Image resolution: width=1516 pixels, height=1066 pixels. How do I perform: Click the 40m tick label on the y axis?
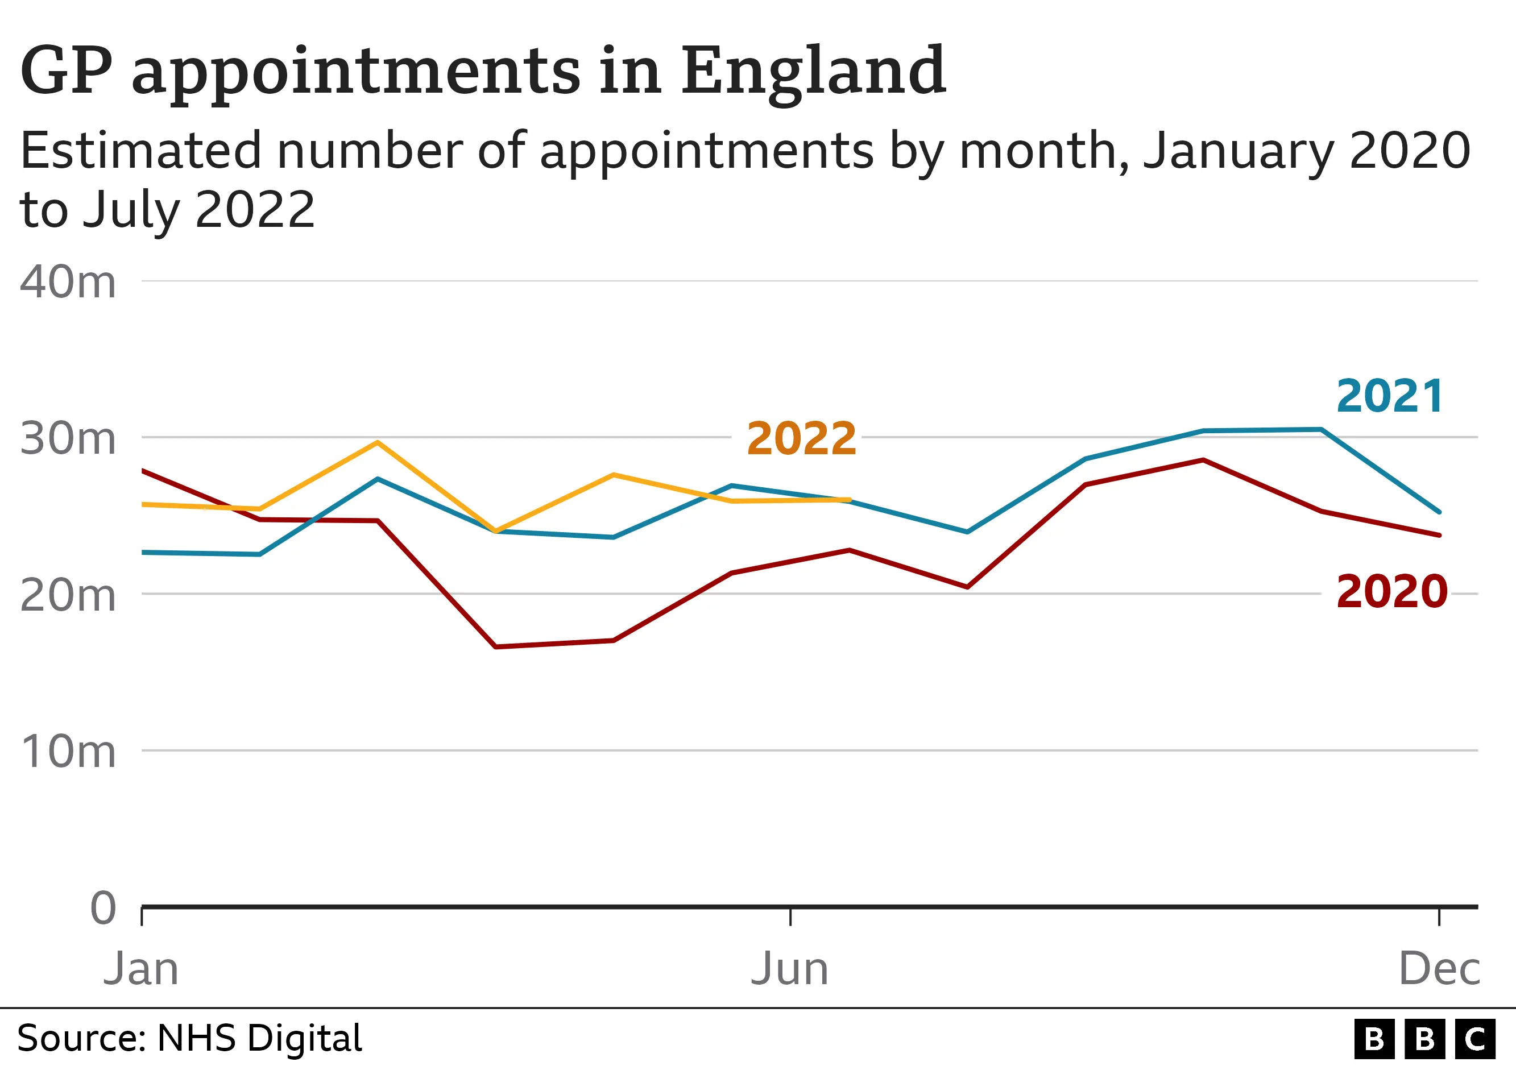(68, 283)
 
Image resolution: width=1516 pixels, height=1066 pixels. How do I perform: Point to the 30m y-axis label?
(68, 438)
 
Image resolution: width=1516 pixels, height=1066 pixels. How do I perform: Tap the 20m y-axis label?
(68, 595)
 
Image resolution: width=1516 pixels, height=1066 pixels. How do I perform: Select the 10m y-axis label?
(68, 751)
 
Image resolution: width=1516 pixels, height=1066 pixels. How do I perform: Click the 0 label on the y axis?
(103, 909)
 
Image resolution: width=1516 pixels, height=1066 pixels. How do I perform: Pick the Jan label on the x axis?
(140, 969)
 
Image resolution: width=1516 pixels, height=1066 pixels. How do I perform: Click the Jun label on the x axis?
(789, 969)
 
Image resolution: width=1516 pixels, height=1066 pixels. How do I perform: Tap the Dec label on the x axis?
(1439, 969)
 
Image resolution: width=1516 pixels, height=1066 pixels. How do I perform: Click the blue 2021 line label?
(1390, 397)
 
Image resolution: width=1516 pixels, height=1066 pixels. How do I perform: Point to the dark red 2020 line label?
(1392, 591)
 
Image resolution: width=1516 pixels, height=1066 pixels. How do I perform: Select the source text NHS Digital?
(259, 1038)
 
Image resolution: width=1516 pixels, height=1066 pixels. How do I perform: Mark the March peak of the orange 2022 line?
(377, 442)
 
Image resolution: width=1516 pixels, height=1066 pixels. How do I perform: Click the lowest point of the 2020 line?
(495, 647)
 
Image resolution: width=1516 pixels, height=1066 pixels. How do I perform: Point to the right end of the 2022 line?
(849, 500)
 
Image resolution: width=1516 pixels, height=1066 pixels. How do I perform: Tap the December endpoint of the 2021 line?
(1439, 512)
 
